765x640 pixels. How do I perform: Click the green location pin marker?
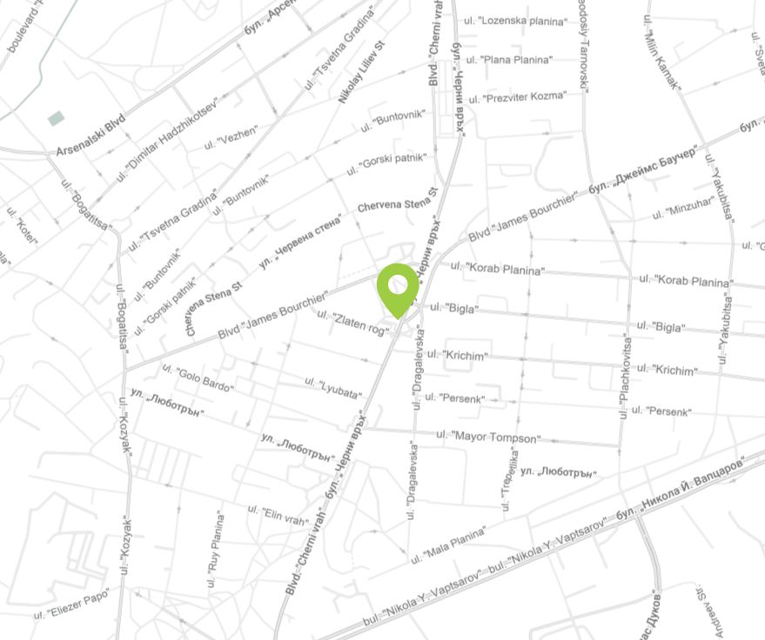pyautogui.click(x=397, y=287)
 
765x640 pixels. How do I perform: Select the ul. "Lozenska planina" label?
pyautogui.click(x=516, y=20)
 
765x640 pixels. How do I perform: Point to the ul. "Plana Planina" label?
pyautogui.click(x=509, y=60)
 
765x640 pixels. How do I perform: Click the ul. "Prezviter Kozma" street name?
pyautogui.click(x=515, y=97)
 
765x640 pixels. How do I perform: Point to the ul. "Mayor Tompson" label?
pyautogui.click(x=487, y=437)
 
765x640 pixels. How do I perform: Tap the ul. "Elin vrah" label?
pyautogui.click(x=278, y=515)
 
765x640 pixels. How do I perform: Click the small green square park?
pyautogui.click(x=57, y=118)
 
